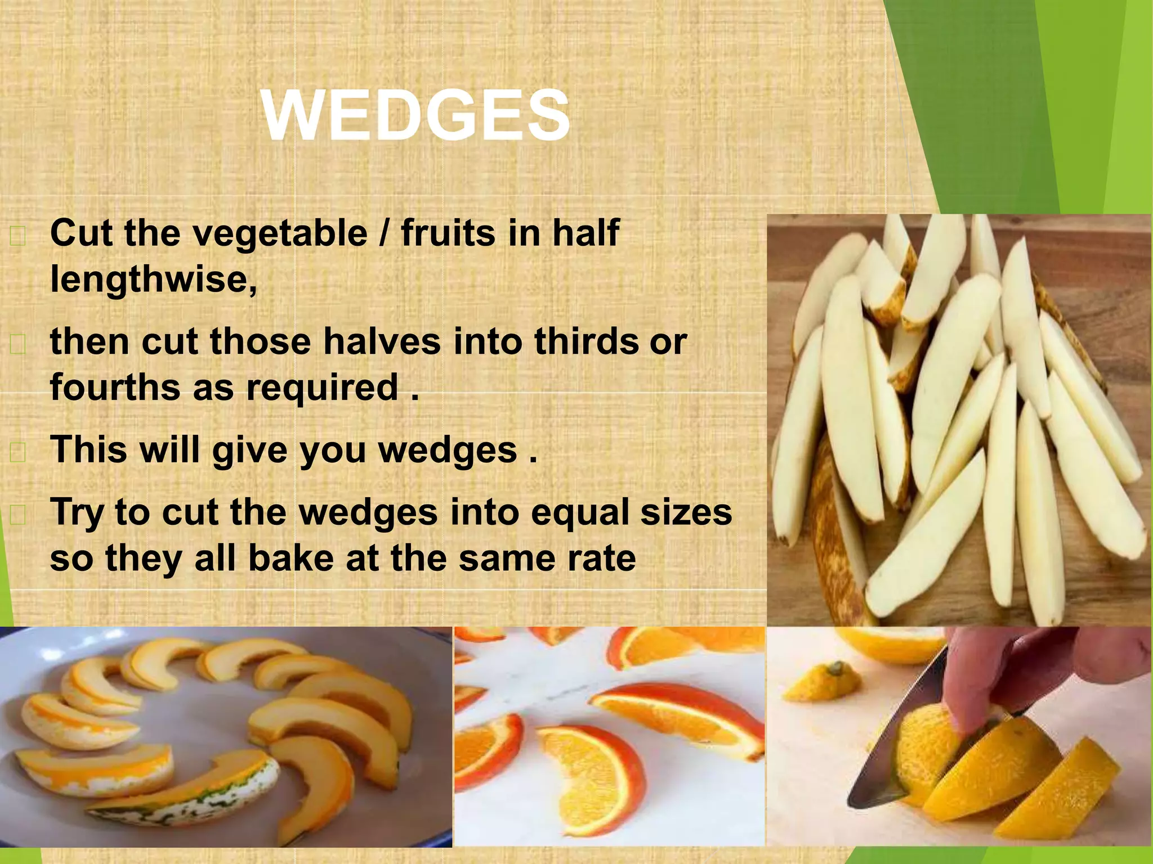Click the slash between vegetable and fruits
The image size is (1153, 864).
pyautogui.click(x=385, y=233)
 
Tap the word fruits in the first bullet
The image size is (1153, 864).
pyautogui.click(x=450, y=233)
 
